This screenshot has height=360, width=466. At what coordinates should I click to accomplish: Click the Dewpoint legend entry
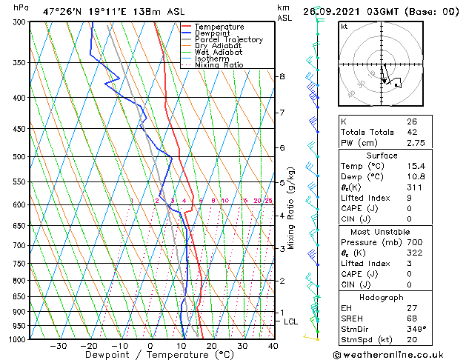click(x=220, y=33)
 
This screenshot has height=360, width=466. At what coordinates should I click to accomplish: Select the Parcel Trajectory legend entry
click(x=228, y=40)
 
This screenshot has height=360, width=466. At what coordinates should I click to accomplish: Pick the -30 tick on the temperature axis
click(x=58, y=346)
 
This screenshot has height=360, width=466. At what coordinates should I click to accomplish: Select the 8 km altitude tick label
click(x=282, y=76)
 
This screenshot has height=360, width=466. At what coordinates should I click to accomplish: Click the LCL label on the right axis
click(x=290, y=321)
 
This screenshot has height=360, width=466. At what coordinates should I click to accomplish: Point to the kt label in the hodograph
click(x=344, y=27)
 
